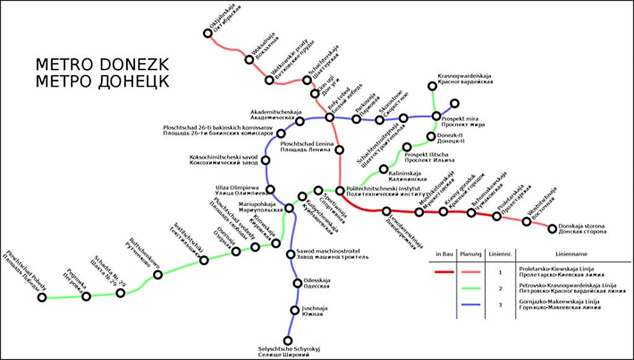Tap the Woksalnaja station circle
point(250,59)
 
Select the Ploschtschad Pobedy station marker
point(42,297)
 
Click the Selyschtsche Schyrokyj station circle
point(288,340)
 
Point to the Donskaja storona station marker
point(552,229)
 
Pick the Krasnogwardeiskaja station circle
point(433,87)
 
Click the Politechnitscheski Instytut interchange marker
point(340,190)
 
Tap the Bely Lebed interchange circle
point(329,118)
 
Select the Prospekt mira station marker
point(436,116)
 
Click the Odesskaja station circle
point(298,284)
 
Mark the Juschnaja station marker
point(295,310)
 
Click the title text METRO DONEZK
point(102,65)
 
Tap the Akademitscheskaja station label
point(271,112)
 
